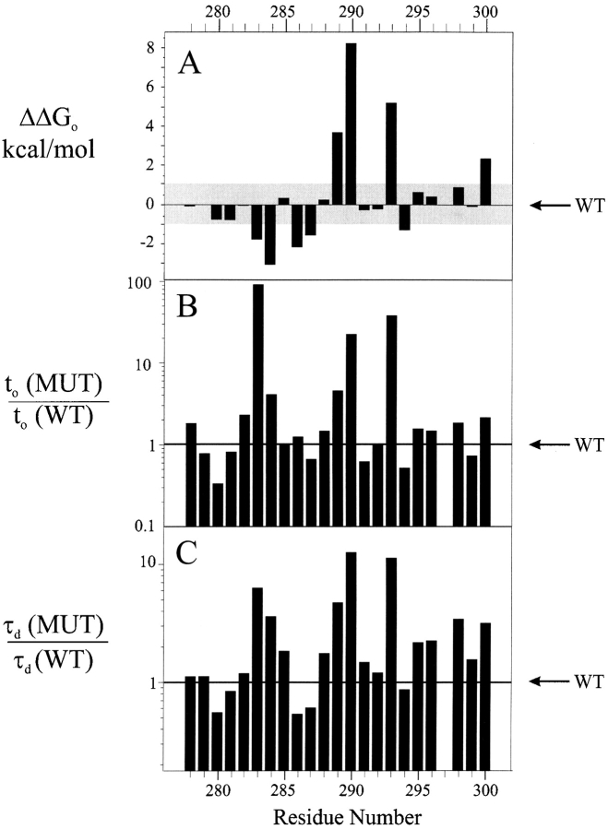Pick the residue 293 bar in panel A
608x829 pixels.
coord(391,153)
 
